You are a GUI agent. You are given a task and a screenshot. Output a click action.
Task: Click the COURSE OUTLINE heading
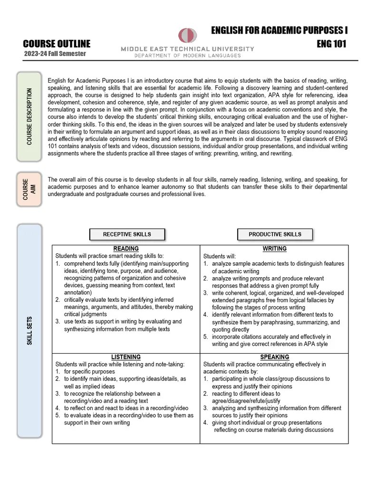(57, 44)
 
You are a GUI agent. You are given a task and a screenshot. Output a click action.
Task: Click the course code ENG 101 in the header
(331, 44)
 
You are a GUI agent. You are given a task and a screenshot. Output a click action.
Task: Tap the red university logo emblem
(187, 36)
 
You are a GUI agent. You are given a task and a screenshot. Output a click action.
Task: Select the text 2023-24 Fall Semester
(55, 54)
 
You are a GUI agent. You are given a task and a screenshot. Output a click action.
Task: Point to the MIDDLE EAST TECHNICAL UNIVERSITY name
(187, 49)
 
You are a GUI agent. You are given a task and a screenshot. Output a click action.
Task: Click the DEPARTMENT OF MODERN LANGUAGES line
(187, 56)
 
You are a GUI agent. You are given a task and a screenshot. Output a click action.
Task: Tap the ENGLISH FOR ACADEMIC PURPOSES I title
(279, 31)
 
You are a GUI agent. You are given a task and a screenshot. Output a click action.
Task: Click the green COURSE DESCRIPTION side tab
(30, 116)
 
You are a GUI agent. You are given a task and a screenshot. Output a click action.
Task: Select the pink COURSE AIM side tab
(29, 189)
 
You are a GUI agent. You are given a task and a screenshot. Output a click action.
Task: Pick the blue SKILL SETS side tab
(29, 331)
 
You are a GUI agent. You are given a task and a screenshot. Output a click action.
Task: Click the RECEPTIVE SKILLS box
(127, 234)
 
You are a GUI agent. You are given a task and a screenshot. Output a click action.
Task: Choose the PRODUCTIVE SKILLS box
(275, 234)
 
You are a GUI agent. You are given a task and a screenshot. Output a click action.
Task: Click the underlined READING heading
(126, 249)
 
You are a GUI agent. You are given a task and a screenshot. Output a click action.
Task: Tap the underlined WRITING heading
(274, 249)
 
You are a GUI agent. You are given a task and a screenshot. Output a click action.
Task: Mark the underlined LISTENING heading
(126, 357)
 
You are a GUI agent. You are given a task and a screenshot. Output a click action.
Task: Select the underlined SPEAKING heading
(274, 357)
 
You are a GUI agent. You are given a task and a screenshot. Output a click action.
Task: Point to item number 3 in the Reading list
(116, 325)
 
